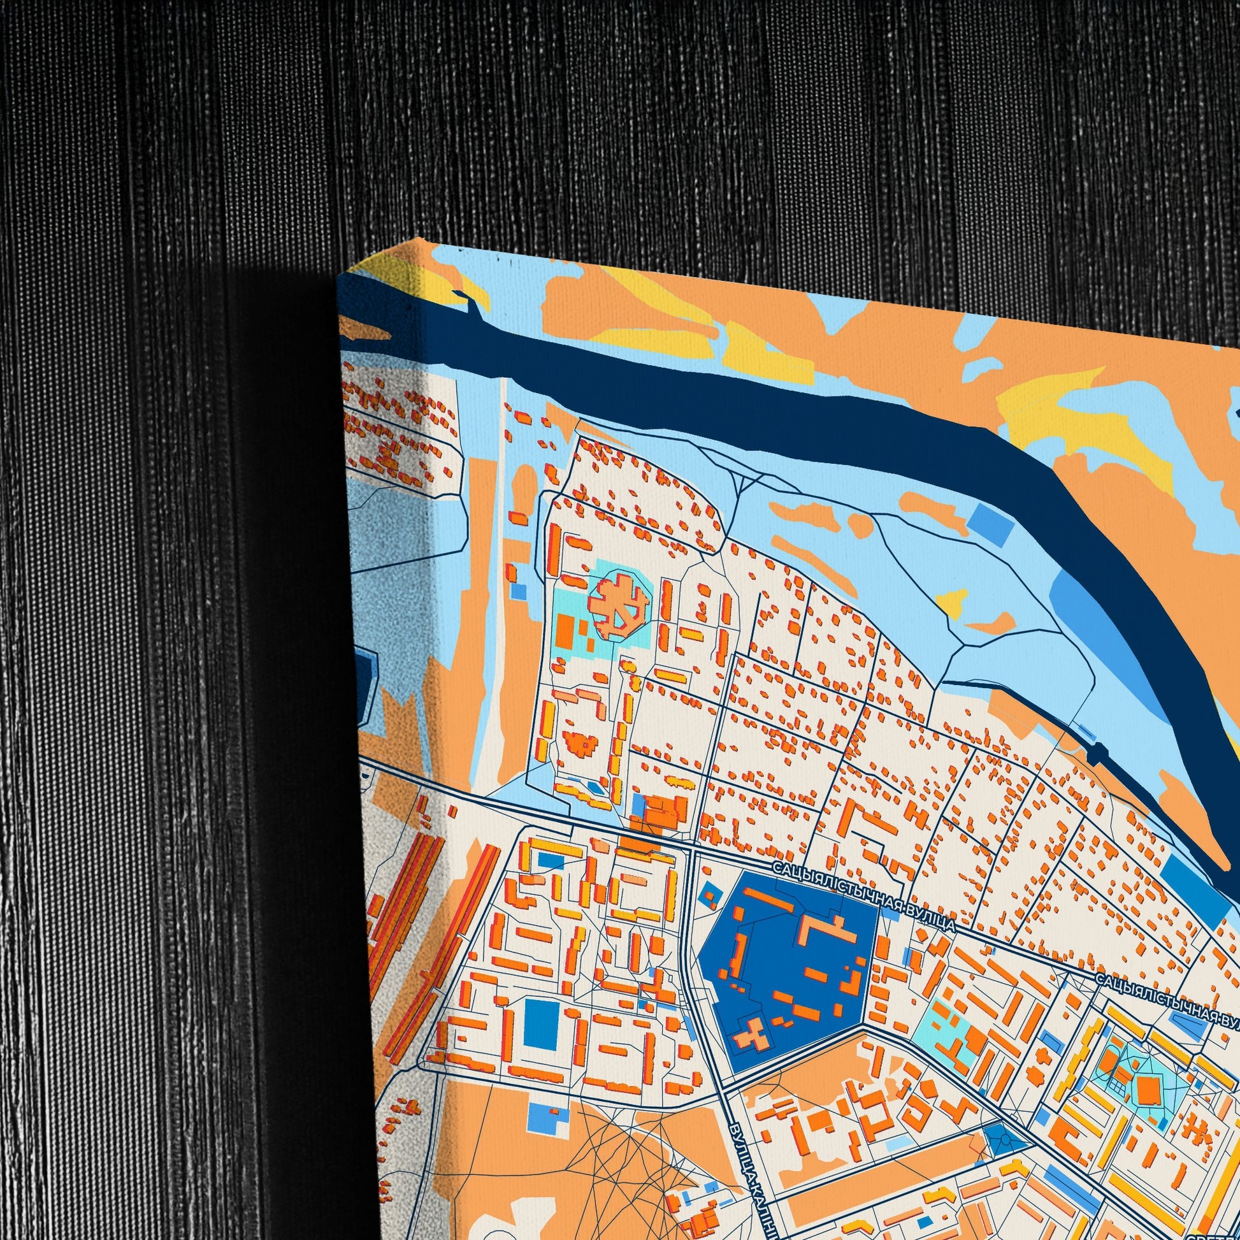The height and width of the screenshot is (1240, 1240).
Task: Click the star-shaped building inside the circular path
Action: tap(617, 607)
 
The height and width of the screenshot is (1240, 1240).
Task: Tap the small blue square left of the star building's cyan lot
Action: tap(519, 591)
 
